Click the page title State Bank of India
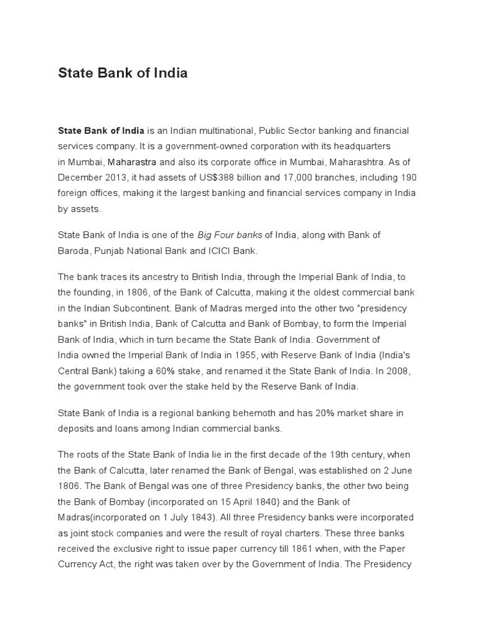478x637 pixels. click(x=123, y=73)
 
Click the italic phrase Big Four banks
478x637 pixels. click(x=230, y=235)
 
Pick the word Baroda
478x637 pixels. click(x=73, y=251)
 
